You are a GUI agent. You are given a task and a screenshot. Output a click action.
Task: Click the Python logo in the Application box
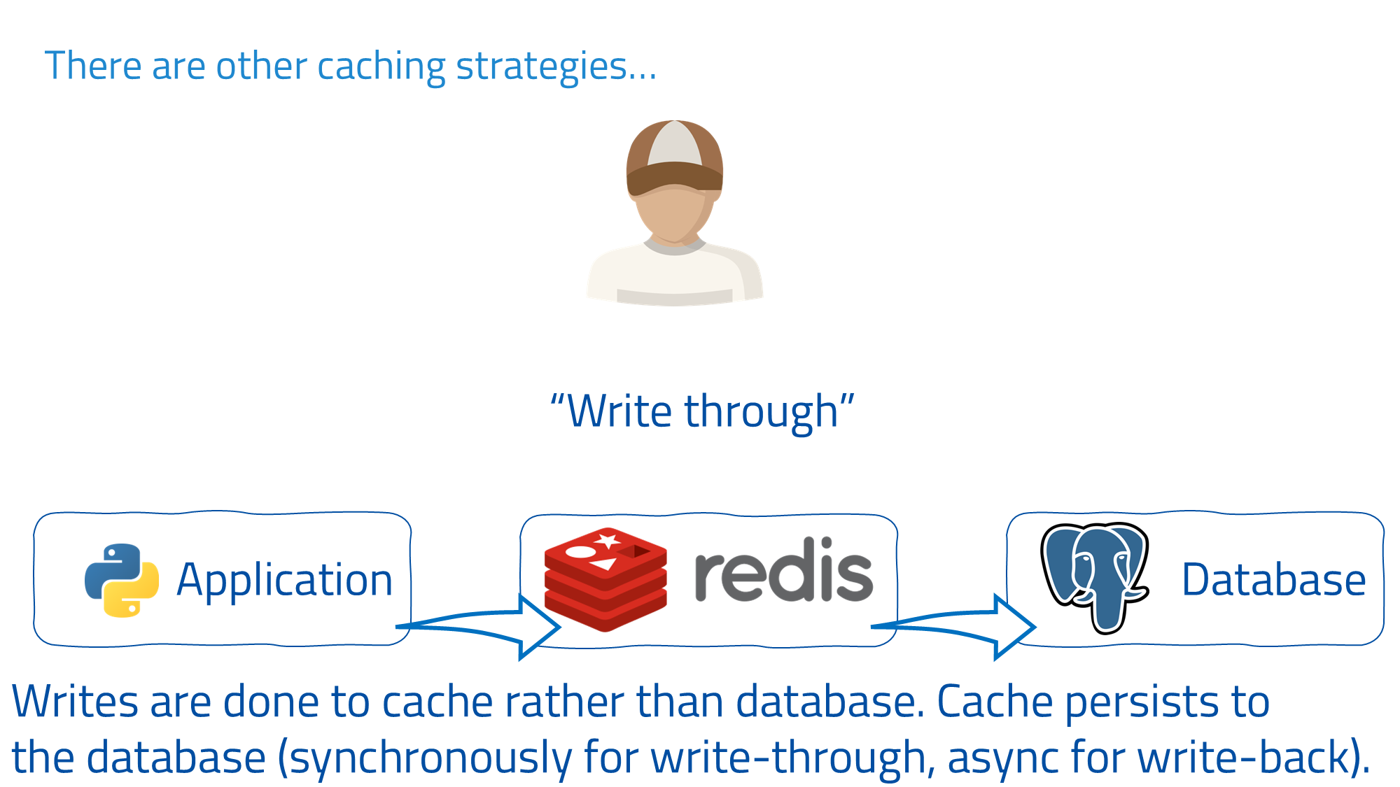point(122,580)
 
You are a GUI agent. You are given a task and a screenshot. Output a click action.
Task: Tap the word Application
point(284,580)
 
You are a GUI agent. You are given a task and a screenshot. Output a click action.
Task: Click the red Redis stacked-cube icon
point(605,579)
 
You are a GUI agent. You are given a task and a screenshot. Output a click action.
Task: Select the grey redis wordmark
point(783,571)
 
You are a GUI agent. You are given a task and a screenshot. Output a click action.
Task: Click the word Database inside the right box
point(1273,580)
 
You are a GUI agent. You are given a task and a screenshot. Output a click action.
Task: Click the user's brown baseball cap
point(674,158)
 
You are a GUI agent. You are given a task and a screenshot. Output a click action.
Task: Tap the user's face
point(673,214)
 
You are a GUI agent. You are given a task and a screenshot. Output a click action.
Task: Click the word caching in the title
point(381,67)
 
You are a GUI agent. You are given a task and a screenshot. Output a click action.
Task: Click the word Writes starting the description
point(75,702)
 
